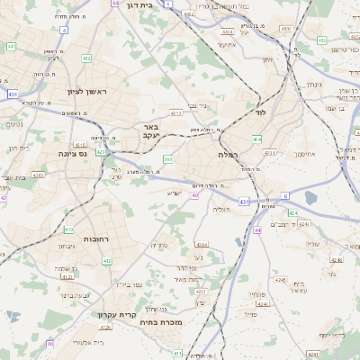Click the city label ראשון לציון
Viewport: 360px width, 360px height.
[x=87, y=92]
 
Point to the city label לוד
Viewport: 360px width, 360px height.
[x=261, y=112]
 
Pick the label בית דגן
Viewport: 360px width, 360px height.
[x=161, y=4]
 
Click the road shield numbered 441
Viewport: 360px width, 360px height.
[x=11, y=46]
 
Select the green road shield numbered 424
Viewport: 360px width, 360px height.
[x=292, y=213]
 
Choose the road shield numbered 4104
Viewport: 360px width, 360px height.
[x=201, y=244]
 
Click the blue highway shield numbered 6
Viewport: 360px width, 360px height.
[x=285, y=194]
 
